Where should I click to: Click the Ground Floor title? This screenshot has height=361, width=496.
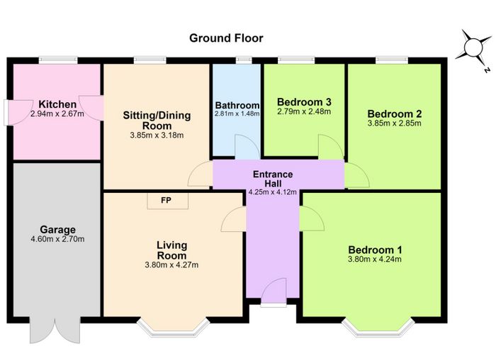[x=226, y=38]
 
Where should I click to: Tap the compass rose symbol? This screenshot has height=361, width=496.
[x=473, y=48]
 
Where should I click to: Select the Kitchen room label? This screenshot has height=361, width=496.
[x=57, y=104]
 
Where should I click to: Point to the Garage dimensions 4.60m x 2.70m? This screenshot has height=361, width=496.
[x=57, y=239]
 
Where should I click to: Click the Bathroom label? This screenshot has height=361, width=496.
[x=237, y=105]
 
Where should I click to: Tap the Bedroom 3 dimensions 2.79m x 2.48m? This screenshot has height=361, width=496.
[x=304, y=111]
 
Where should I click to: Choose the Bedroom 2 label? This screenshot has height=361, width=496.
[x=395, y=113]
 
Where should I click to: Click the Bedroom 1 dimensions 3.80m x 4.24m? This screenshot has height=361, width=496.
[x=375, y=260]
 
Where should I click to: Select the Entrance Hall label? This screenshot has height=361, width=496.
[x=273, y=179]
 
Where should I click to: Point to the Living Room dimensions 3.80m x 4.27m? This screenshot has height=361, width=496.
[x=171, y=265]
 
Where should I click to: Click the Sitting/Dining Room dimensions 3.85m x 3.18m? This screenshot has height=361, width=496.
[x=157, y=135]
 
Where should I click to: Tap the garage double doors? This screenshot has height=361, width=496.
[x=55, y=331]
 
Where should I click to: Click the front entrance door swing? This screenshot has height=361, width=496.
[x=274, y=293]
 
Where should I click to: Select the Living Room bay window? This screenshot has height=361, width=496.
[x=174, y=327]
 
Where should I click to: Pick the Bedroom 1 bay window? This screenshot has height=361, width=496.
[x=378, y=327]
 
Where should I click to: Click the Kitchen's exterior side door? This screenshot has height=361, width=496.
[x=18, y=113]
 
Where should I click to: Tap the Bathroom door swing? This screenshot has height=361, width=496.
[x=247, y=147]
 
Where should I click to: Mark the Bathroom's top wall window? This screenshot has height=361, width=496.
[x=244, y=60]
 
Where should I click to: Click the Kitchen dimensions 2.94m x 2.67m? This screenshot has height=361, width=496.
[x=57, y=114]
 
